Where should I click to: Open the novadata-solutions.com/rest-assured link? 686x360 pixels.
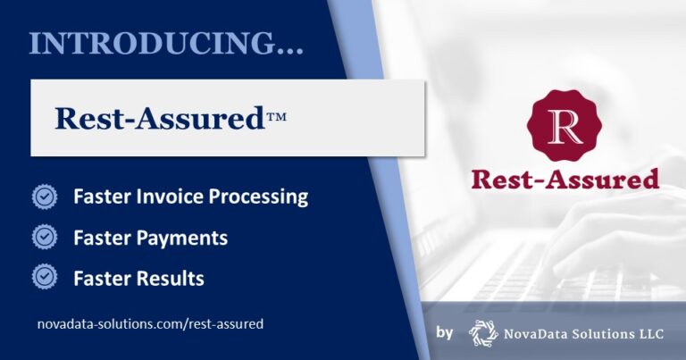(150, 324)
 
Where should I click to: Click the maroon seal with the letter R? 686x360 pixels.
(564, 126)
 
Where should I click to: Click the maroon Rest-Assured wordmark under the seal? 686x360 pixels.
(564, 179)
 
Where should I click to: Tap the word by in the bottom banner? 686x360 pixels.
(446, 333)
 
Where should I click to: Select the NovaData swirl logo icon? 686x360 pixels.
(483, 332)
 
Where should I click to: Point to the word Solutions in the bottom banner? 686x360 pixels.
(608, 333)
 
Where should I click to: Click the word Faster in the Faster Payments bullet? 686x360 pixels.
(101, 239)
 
